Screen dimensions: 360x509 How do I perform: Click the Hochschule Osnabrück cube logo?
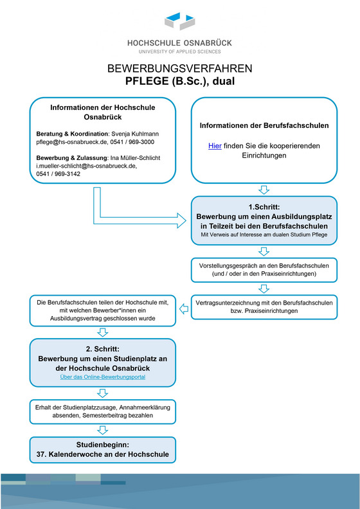pyautogui.click(x=180, y=21)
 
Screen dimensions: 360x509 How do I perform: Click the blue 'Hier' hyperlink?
pyautogui.click(x=215, y=146)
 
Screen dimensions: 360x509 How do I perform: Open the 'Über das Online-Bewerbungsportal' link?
pyautogui.click(x=103, y=377)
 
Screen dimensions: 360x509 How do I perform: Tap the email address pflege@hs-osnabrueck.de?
pyautogui.click(x=72, y=142)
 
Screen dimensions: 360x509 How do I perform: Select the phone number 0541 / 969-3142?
pyautogui.click(x=58, y=174)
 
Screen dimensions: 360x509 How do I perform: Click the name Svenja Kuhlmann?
pyautogui.click(x=135, y=134)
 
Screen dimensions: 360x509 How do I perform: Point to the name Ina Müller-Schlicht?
pyautogui.click(x=136, y=157)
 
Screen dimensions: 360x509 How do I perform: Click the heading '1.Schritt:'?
pyautogui.click(x=264, y=207)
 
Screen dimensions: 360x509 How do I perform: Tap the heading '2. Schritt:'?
pyautogui.click(x=103, y=349)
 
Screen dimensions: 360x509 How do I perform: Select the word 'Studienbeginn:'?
pyautogui.click(x=103, y=445)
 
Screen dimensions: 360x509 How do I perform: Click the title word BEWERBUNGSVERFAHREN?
pyautogui.click(x=180, y=69)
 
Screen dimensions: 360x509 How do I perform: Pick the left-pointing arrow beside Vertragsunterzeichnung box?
pyautogui.click(x=184, y=309)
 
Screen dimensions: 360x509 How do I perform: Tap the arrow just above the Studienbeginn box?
pyautogui.click(x=103, y=430)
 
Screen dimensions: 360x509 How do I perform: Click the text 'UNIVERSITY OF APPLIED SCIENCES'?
pyautogui.click(x=180, y=51)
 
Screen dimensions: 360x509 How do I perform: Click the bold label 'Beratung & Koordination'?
pyautogui.click(x=72, y=134)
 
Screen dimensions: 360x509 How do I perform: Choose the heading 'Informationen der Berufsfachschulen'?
pyautogui.click(x=264, y=125)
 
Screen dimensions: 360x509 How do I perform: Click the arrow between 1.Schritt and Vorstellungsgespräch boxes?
pyautogui.click(x=264, y=251)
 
